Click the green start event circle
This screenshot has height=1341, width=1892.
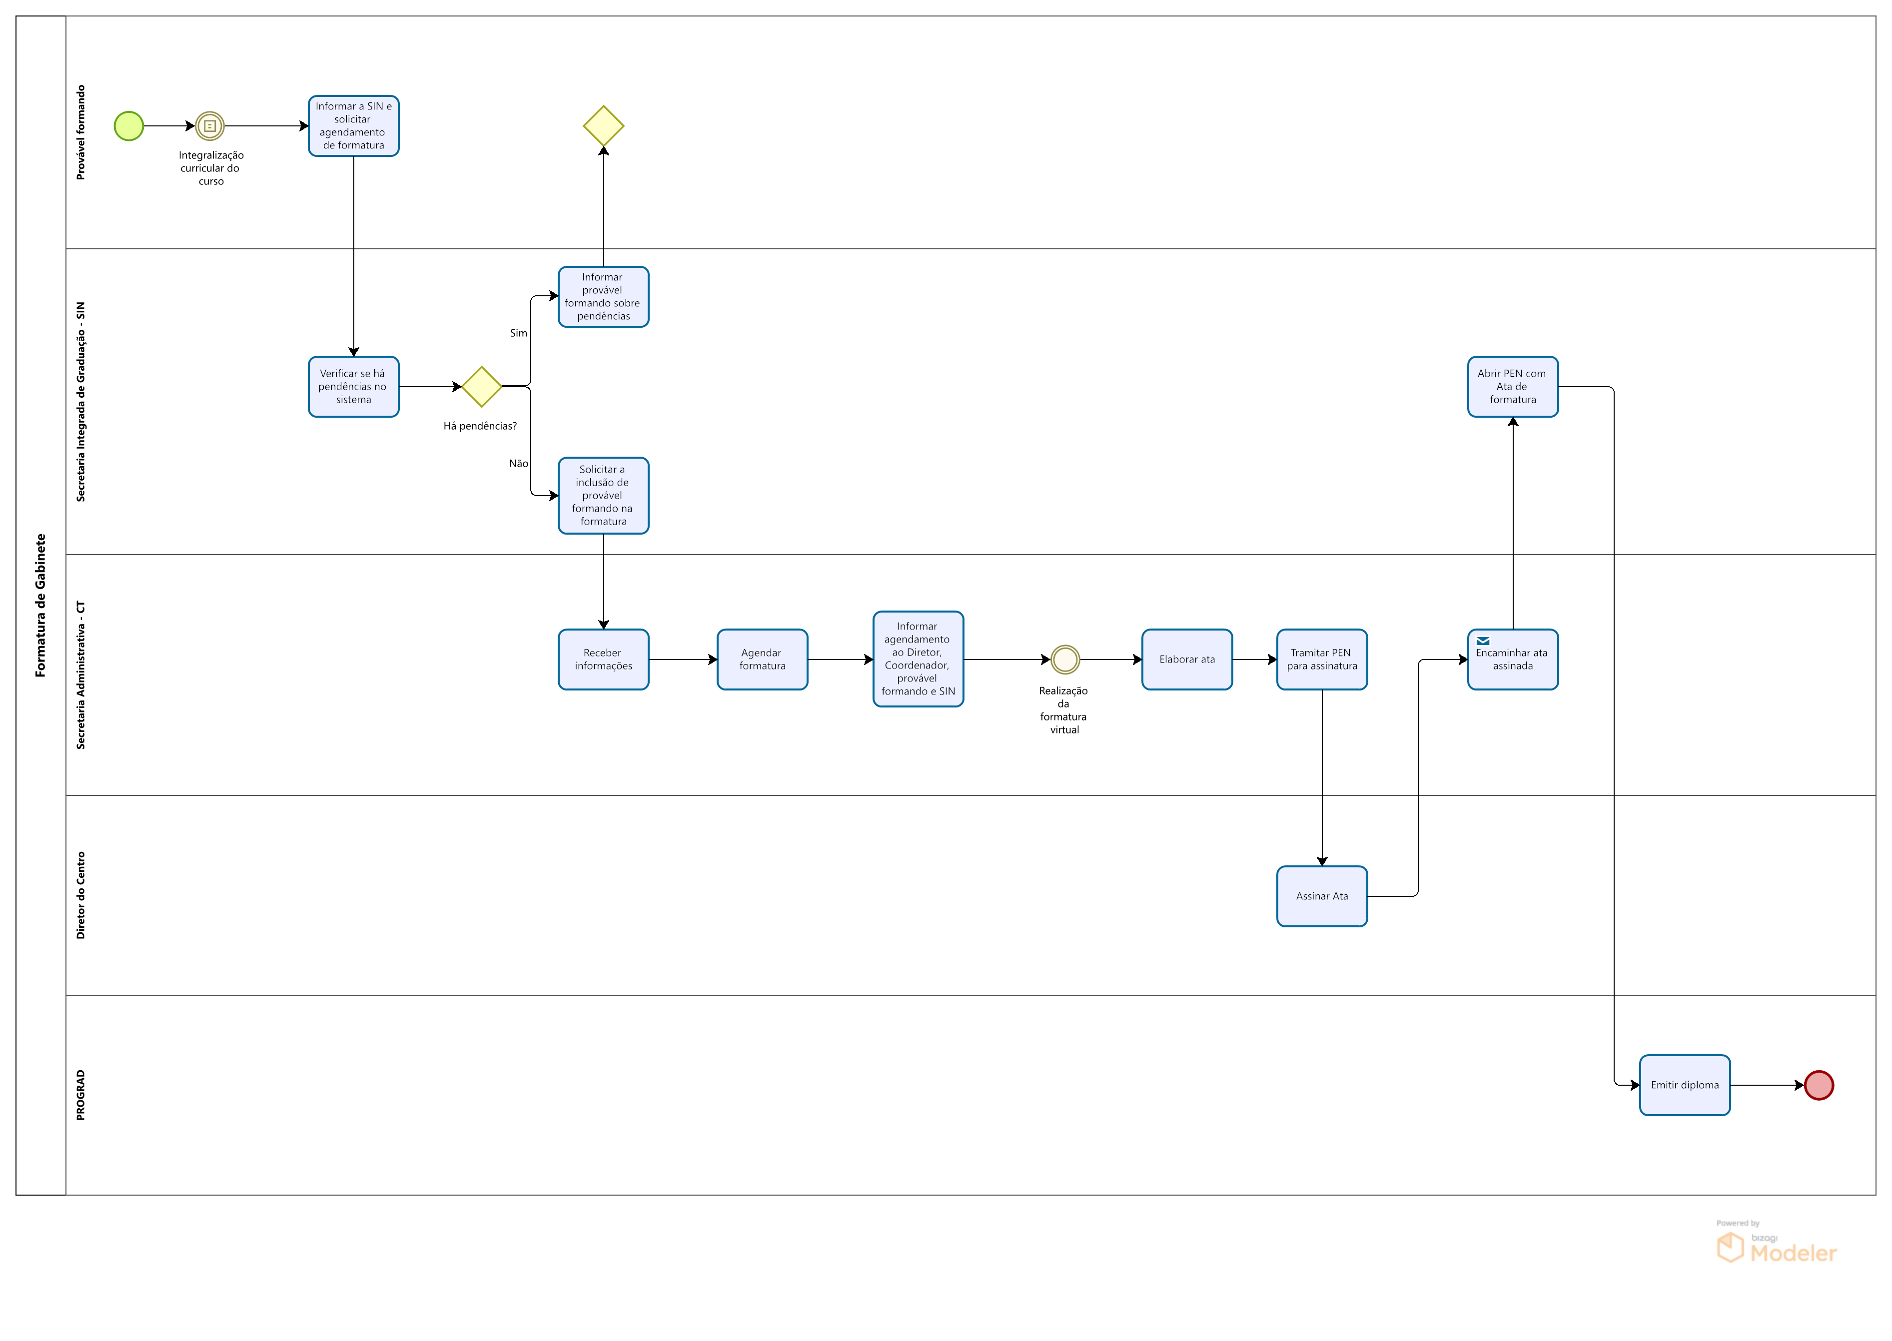(x=129, y=126)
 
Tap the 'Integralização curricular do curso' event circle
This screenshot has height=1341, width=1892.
(x=210, y=126)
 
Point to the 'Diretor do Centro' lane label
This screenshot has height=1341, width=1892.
(x=80, y=895)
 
